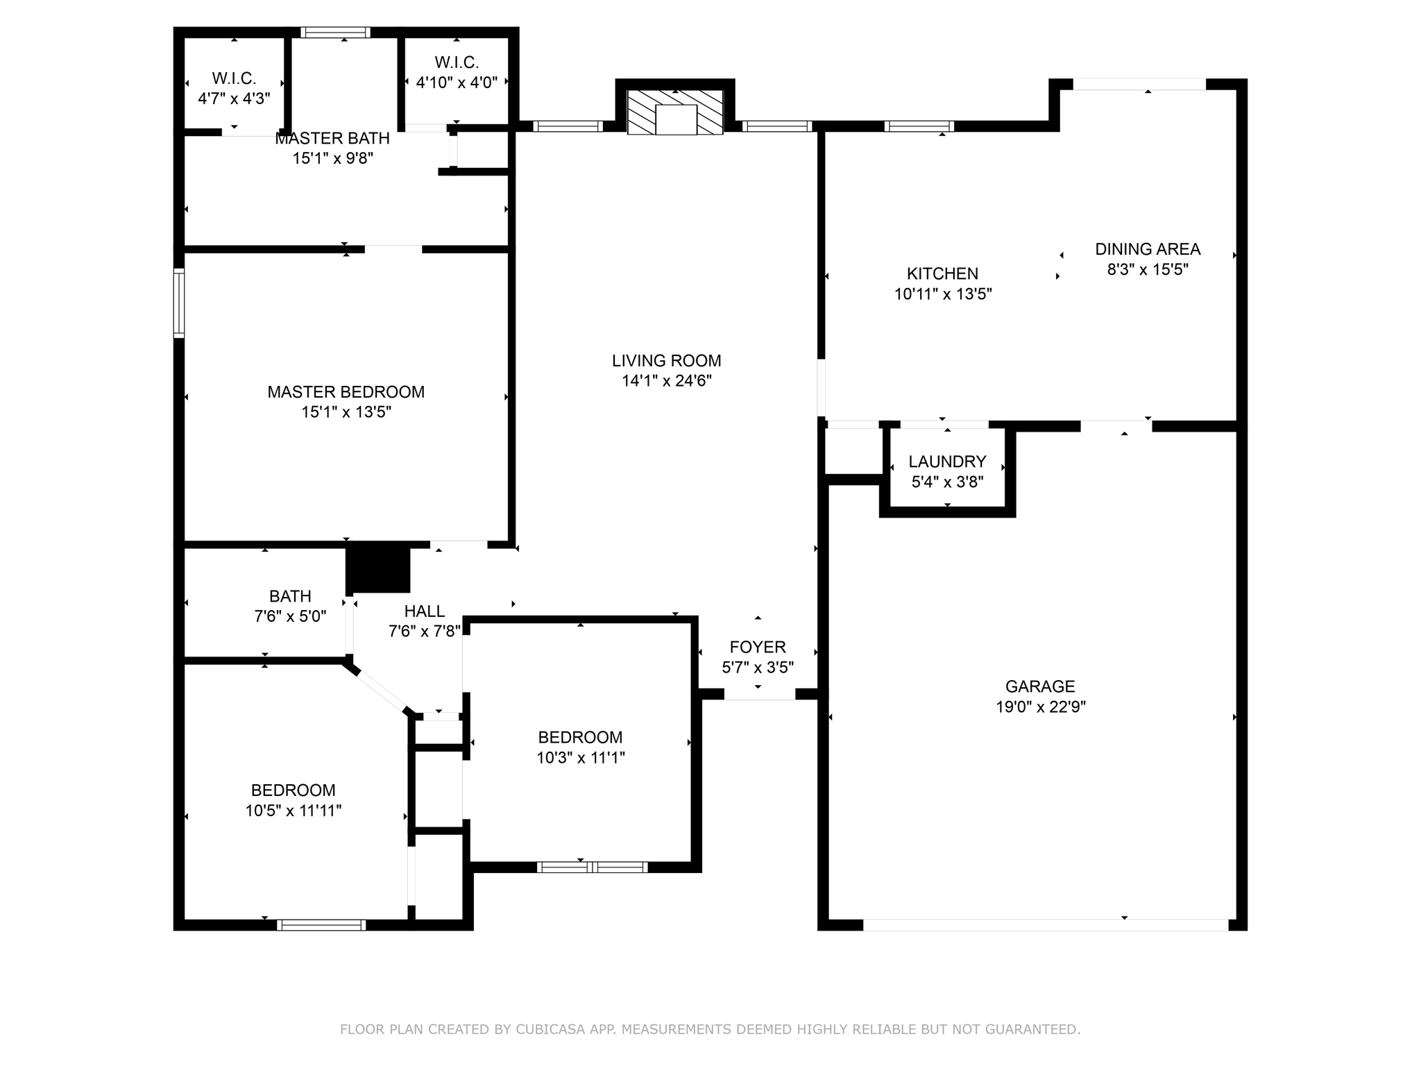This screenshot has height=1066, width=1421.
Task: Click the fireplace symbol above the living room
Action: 675,112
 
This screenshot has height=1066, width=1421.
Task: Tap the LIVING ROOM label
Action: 666,361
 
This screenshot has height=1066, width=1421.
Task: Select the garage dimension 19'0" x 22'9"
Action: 1040,707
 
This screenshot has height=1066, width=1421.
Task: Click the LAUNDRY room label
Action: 947,462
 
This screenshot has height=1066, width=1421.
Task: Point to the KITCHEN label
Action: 942,273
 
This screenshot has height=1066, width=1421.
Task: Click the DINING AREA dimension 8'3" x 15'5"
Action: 1148,269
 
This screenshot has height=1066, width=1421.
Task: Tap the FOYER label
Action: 758,647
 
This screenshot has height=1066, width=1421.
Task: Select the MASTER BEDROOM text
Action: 346,392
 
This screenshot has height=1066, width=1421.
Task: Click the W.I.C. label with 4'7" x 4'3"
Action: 234,78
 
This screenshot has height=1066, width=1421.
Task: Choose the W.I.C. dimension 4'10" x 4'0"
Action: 457,83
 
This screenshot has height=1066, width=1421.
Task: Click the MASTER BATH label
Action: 332,139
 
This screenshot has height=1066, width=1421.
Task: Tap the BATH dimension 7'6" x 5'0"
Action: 290,616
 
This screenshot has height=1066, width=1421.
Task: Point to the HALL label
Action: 424,611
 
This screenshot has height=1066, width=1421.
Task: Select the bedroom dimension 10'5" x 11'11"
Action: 293,811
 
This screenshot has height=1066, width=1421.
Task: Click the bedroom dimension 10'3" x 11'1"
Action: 580,757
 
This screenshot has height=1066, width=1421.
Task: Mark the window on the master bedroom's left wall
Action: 179,303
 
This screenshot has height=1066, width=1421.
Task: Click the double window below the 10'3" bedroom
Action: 592,867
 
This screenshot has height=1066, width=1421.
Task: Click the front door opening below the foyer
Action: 760,694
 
